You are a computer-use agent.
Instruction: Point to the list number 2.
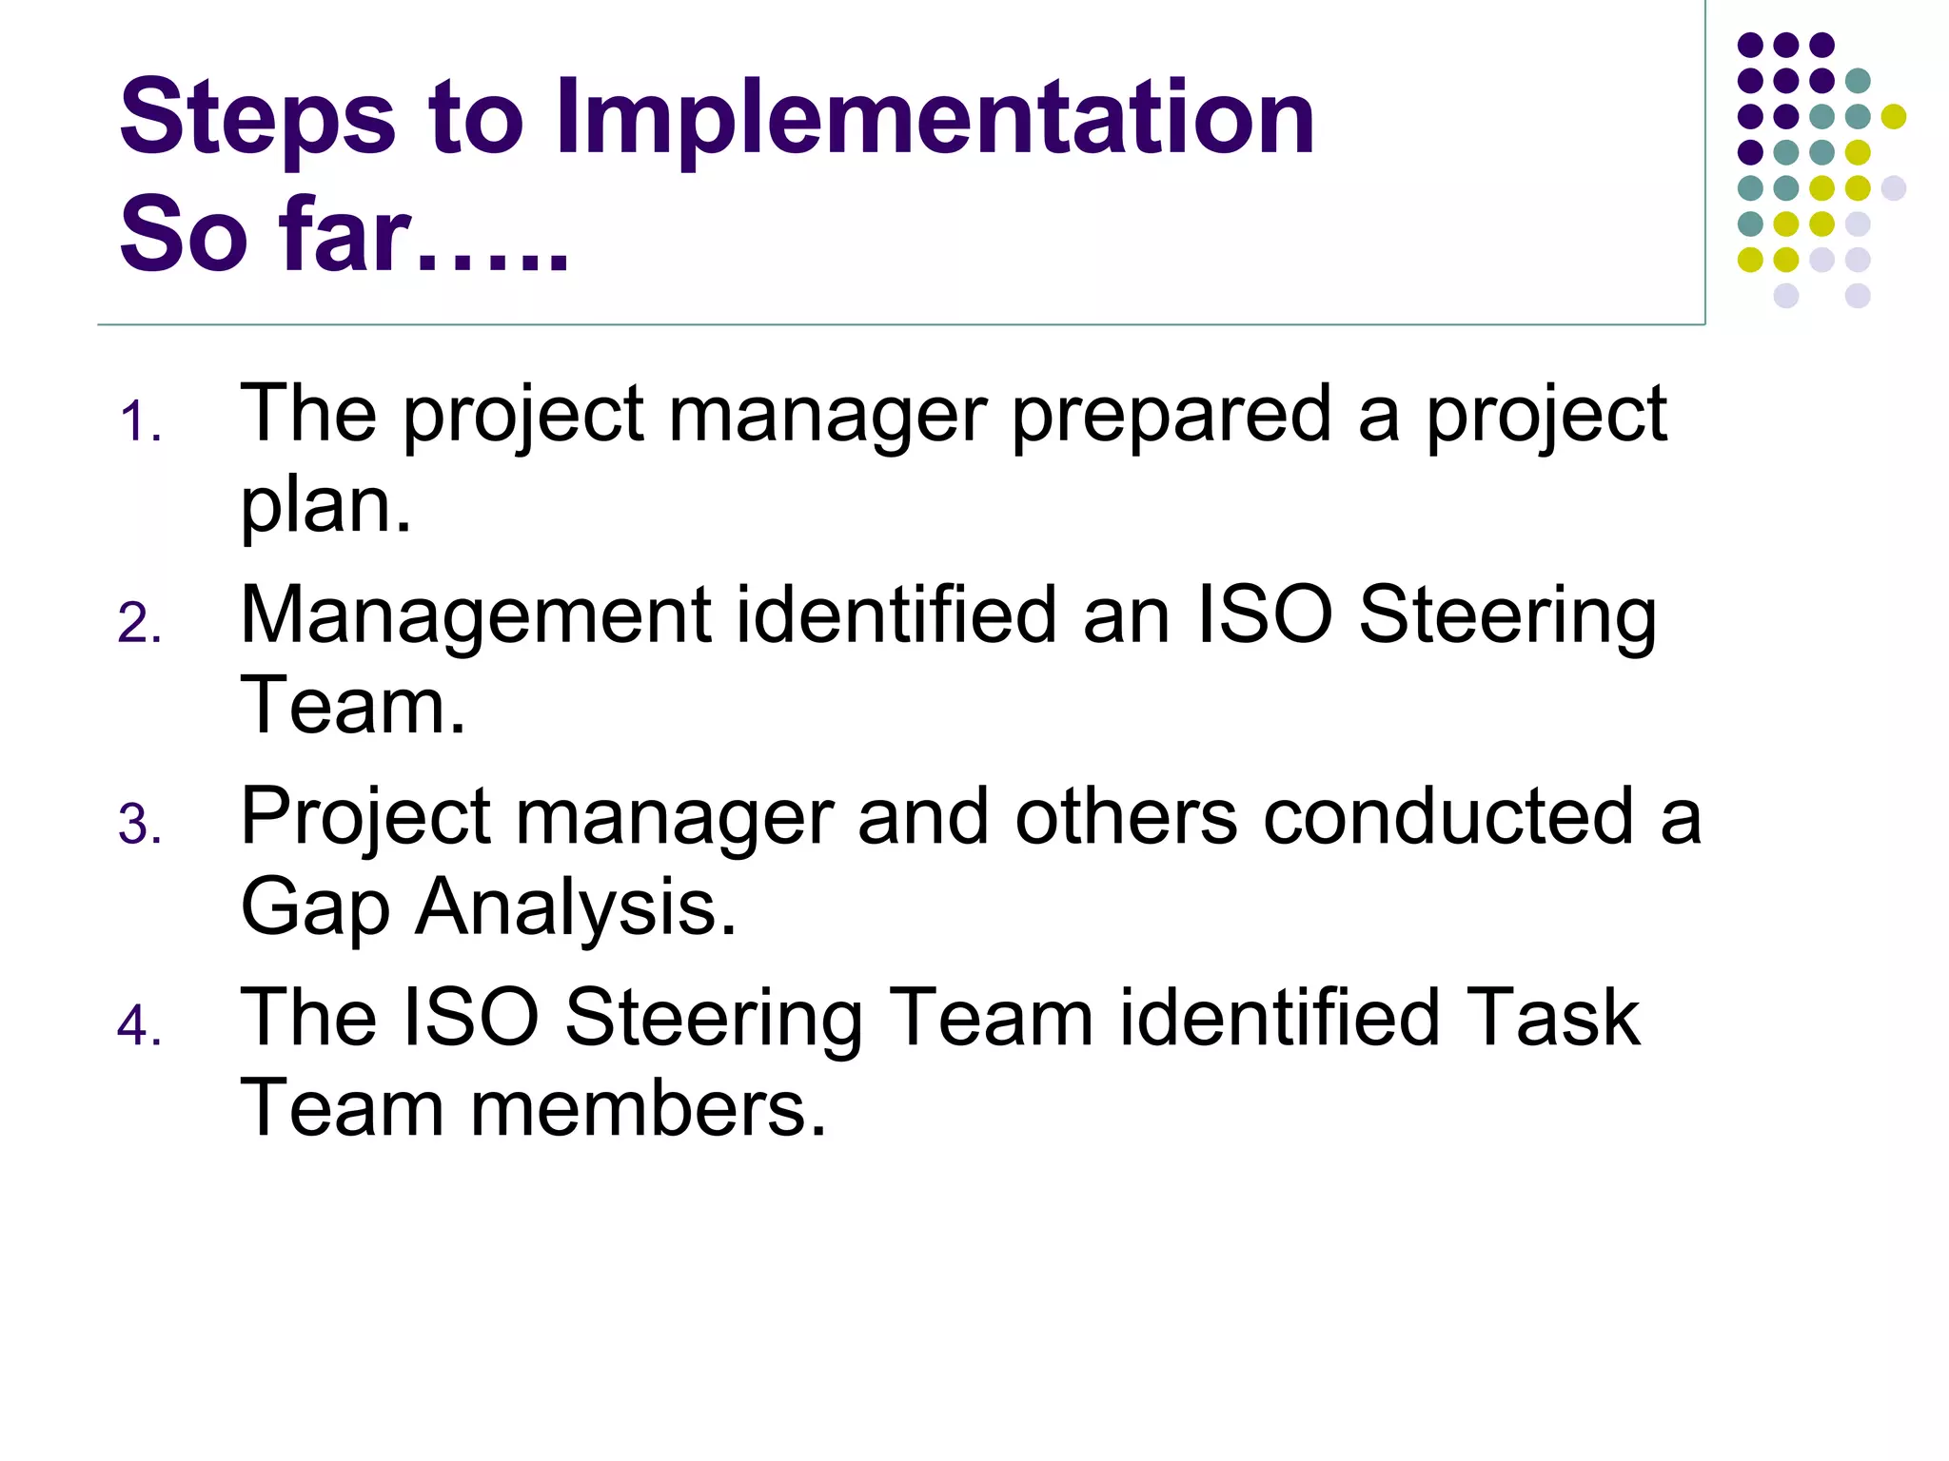tap(139, 625)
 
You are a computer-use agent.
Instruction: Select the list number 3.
tap(139, 826)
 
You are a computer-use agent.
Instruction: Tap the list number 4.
tap(139, 1027)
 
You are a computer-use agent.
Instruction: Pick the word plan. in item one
tap(325, 505)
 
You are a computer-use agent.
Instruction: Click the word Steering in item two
tap(1507, 615)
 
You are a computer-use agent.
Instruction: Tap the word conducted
tap(1448, 816)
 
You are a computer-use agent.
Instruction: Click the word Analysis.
tap(577, 907)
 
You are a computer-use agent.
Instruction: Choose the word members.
tap(647, 1108)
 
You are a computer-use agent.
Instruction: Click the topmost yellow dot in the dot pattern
tap(1894, 117)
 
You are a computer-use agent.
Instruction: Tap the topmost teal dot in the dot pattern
tap(1858, 81)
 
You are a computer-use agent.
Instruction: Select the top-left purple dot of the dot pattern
tap(1750, 45)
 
